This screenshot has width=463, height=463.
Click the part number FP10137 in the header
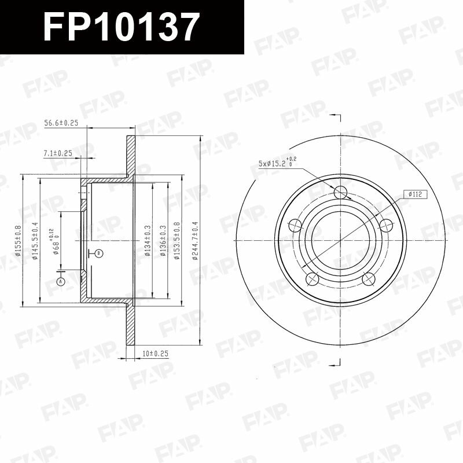(x=122, y=27)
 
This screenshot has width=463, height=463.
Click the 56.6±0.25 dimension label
(x=61, y=123)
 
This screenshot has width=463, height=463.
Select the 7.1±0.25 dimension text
(x=57, y=153)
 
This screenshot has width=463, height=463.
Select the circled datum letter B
(x=99, y=253)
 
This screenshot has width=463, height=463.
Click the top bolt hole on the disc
(x=340, y=192)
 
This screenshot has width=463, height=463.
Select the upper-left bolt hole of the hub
(x=295, y=225)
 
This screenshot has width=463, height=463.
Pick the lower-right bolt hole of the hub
(x=368, y=279)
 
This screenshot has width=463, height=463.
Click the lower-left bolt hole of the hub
(x=313, y=279)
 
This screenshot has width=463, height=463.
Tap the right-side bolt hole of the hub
(x=385, y=225)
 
